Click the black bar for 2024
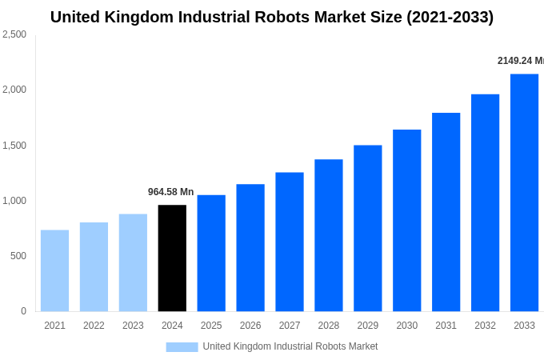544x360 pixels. pos(172,258)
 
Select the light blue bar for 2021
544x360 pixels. pos(54,270)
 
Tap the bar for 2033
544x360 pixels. pos(524,192)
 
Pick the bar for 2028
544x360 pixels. pos(328,235)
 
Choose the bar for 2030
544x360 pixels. pos(406,220)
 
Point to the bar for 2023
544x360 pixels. pos(133,262)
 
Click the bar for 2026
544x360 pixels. pos(250,247)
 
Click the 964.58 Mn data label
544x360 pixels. pos(170,192)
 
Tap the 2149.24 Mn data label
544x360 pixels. pos(520,61)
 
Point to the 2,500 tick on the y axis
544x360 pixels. pos(14,34)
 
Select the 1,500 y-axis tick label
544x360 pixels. pos(14,146)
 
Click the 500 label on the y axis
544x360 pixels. pos(18,256)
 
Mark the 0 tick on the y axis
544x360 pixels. pos(23,311)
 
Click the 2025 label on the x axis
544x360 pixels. pos(211,326)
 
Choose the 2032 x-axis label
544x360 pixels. pos(485,326)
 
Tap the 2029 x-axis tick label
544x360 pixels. pos(367,326)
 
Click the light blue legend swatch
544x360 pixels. pos(182,346)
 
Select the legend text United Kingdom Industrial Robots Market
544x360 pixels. pos(290,346)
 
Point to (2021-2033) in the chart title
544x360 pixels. pos(450,17)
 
